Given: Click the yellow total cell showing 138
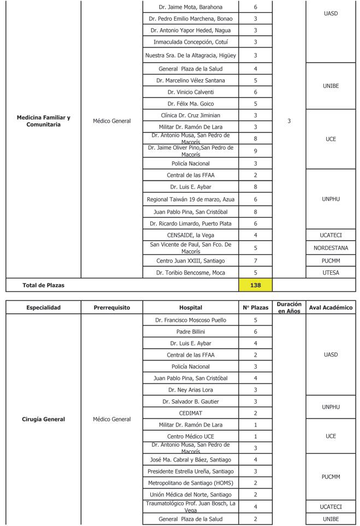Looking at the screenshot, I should [255, 285].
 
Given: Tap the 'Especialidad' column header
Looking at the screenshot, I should [43, 308].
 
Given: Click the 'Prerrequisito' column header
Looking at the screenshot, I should [111, 308].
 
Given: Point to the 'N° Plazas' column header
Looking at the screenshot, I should [255, 308].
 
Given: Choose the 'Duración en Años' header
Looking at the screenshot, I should [288, 308].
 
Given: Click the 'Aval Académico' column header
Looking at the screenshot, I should [331, 308].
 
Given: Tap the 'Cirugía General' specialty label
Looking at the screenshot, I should [43, 419].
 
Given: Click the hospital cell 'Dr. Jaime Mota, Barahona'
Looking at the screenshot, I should [190, 7].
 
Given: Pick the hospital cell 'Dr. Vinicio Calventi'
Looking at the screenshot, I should [190, 92].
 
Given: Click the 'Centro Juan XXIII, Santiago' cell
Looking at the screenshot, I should [190, 261].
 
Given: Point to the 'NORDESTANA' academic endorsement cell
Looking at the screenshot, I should [331, 247].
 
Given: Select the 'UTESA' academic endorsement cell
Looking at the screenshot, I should [331, 273].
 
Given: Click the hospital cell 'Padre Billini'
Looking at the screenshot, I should [190, 332].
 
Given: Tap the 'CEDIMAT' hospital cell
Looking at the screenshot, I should [190, 413].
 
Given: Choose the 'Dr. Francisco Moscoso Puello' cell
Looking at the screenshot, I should [190, 320].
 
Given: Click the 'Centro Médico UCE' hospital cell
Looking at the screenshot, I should [190, 436].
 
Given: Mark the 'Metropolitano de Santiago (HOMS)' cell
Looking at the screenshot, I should [190, 483].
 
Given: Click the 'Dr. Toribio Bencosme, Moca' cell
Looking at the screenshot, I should [190, 273].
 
